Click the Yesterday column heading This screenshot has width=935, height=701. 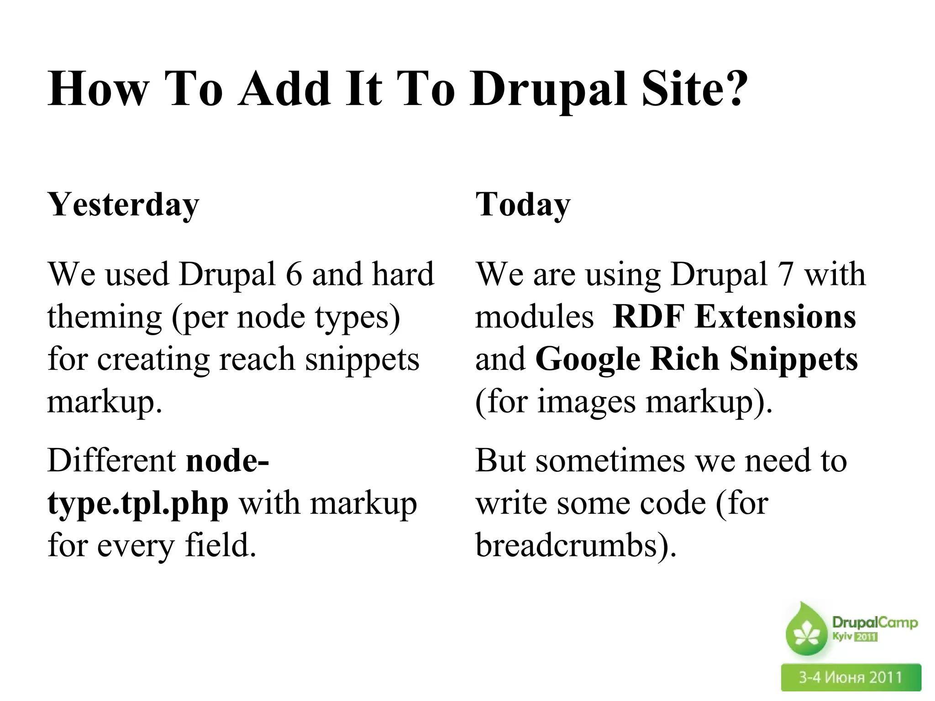click(123, 205)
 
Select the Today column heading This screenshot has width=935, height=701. click(523, 205)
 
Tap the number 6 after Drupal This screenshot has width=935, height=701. click(294, 275)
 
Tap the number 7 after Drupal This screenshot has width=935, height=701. click(785, 275)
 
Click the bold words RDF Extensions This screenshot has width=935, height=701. click(734, 317)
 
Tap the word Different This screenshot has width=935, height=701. click(112, 461)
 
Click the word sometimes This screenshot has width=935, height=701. click(610, 461)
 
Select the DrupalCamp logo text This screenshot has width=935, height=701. click(875, 622)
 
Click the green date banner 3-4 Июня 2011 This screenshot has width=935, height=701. click(851, 677)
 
